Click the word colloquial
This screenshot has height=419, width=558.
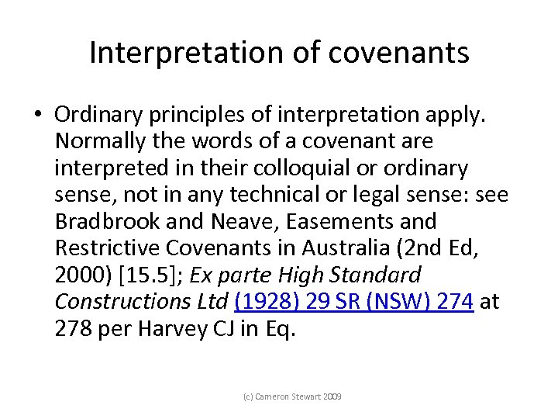(304, 168)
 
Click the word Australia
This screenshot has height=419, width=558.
(368, 248)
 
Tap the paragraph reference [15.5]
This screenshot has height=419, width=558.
(149, 274)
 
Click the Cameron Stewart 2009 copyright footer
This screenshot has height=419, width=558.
(293, 397)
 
